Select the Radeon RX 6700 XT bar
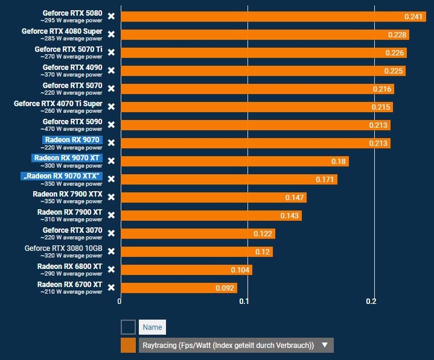pos(179,288)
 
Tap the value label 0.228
pos(397,35)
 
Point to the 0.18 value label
pos(338,162)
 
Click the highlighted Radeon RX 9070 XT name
pos(66,158)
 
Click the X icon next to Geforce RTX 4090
pos(111,71)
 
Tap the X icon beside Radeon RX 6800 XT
pos(111,270)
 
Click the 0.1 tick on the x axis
pos(244,301)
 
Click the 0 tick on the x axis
pos(120,301)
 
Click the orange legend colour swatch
pos(128,346)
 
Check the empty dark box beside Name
pos(128,327)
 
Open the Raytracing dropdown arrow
pos(325,346)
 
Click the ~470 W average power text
pos(71,129)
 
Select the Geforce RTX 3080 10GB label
pos(63,248)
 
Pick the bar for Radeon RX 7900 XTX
pos(213,197)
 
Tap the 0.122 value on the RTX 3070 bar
pos(262,234)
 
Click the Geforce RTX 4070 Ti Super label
pos(58,103)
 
